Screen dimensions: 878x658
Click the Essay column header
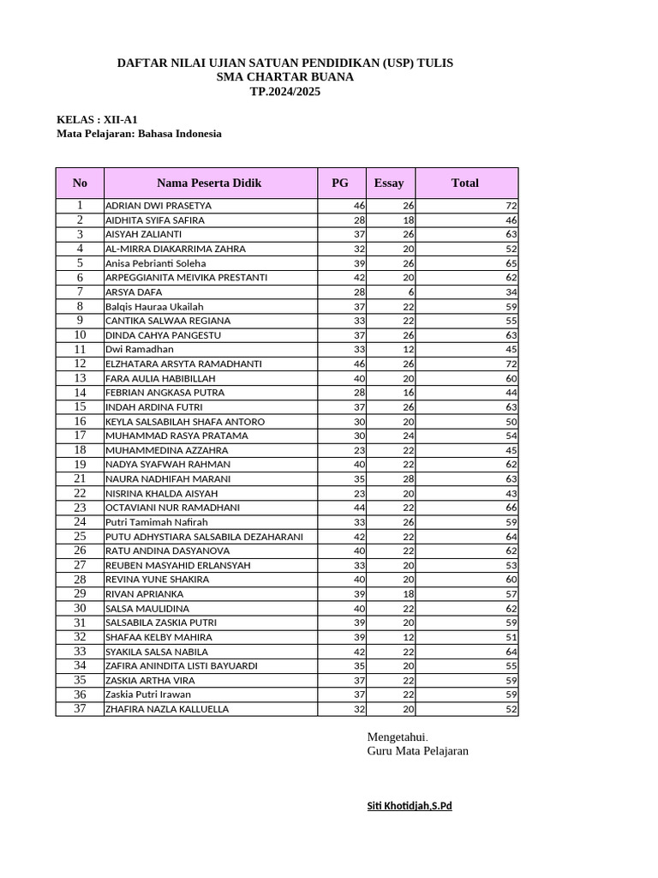pos(389,183)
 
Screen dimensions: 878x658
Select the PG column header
pos(340,183)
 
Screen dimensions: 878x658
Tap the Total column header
pos(465,183)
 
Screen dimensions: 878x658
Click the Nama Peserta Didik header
pos(209,183)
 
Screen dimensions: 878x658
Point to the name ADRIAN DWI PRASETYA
pos(159,206)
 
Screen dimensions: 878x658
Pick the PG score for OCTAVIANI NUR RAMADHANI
pos(359,508)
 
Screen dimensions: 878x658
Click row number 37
pos(80,708)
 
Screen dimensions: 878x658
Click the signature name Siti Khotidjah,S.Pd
pos(409,807)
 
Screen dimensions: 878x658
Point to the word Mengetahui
pos(398,737)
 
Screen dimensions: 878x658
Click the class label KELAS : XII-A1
pos(97,119)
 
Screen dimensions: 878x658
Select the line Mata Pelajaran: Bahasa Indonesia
pos(139,134)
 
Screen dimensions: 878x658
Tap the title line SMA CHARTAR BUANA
pos(285,77)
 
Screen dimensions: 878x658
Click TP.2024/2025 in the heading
pos(285,92)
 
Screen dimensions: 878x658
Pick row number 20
pos(80,464)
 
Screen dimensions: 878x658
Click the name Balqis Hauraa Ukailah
pos(154,306)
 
